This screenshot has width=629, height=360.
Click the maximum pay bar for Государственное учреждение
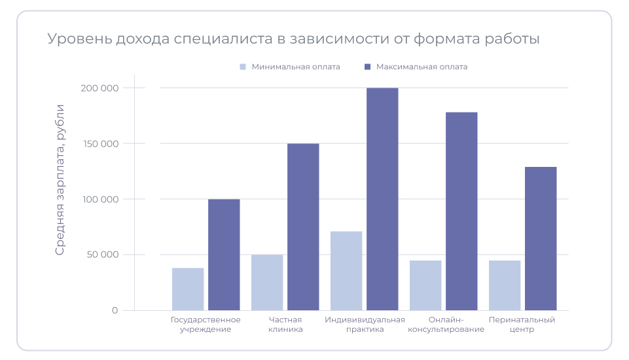224,255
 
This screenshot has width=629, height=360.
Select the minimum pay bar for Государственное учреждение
188,289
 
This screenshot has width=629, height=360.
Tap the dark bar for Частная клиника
303,226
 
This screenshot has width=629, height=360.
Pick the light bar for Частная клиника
267,282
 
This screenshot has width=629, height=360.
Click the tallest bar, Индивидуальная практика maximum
382,199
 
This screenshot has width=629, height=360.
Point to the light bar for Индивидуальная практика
346,270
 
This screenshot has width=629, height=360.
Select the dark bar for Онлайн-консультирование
461,211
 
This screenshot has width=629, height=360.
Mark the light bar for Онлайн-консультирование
425,285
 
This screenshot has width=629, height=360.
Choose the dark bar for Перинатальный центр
541,238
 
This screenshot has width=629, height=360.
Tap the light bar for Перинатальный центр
505,285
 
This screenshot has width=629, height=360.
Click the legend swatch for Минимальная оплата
243,67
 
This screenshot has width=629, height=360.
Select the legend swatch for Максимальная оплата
367,67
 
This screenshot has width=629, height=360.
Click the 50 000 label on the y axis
102,255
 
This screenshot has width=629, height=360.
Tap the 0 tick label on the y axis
115,310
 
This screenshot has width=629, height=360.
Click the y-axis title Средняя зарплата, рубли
60,179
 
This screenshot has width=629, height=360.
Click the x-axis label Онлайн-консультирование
446,325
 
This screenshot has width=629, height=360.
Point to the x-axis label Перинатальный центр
522,325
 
